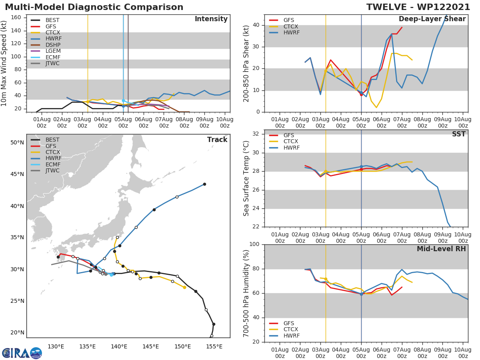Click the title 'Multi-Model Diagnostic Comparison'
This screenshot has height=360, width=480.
coord(94,7)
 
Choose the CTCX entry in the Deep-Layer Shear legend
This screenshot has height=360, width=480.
coord(291,26)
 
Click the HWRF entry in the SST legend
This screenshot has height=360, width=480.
coord(291,148)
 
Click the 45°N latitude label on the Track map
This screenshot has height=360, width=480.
coord(17,174)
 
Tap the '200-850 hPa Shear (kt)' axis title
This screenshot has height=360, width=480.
coord(246,63)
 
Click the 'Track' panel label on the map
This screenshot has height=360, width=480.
coord(217,140)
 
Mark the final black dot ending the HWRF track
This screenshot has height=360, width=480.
coord(204,184)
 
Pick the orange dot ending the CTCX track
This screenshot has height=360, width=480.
coord(184,287)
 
